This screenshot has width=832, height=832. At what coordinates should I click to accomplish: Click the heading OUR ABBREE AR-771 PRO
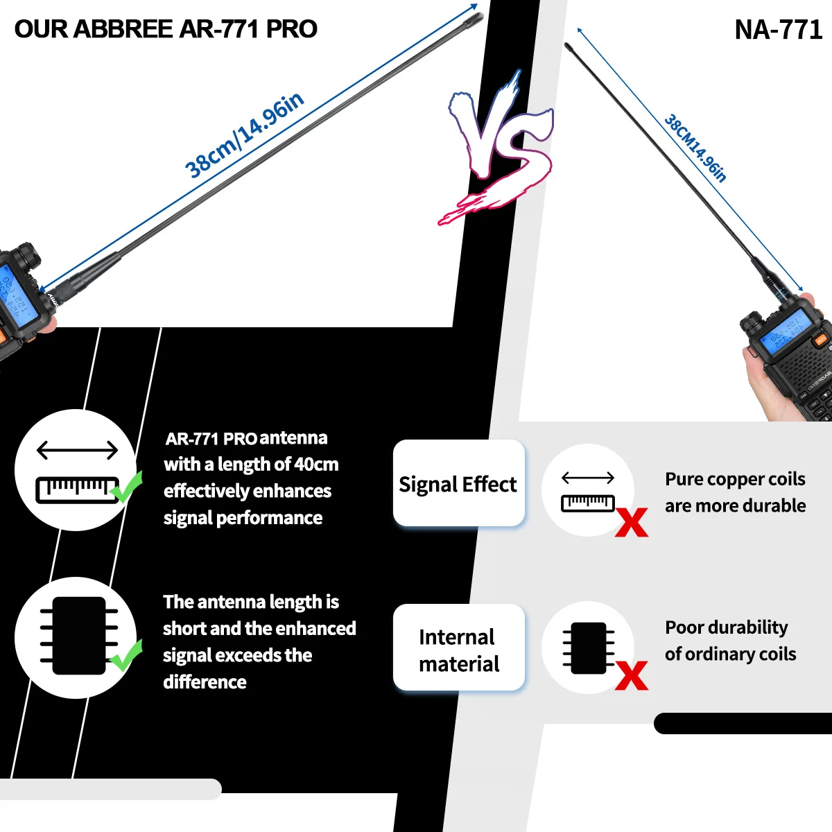click(x=166, y=29)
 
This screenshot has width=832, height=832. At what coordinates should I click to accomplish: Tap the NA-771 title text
click(x=778, y=30)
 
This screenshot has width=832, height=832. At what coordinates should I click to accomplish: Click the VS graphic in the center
click(x=499, y=149)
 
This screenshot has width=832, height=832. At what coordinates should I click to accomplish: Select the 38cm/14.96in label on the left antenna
click(x=244, y=136)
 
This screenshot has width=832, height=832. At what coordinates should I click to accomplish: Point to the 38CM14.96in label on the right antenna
click(x=695, y=148)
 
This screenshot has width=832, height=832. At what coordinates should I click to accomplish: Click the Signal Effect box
click(x=458, y=484)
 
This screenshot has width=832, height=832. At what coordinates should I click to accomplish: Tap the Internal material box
click(x=458, y=650)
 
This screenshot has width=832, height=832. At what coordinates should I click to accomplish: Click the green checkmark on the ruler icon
click(x=128, y=487)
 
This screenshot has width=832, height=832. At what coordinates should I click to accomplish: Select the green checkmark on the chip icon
click(x=126, y=655)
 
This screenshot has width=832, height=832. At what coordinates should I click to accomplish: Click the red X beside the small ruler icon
click(x=631, y=523)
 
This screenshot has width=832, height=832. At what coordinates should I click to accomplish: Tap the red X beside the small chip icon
click(x=631, y=675)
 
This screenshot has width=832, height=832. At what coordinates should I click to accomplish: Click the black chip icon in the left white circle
click(x=78, y=636)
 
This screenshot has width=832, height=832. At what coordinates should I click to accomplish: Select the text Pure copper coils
click(x=735, y=479)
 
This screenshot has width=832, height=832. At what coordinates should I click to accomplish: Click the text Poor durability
click(x=726, y=627)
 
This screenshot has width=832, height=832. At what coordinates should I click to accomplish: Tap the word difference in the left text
click(x=205, y=682)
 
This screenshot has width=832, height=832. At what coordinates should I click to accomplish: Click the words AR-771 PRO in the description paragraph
click(x=211, y=439)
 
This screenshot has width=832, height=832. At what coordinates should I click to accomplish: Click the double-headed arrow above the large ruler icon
click(x=77, y=451)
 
